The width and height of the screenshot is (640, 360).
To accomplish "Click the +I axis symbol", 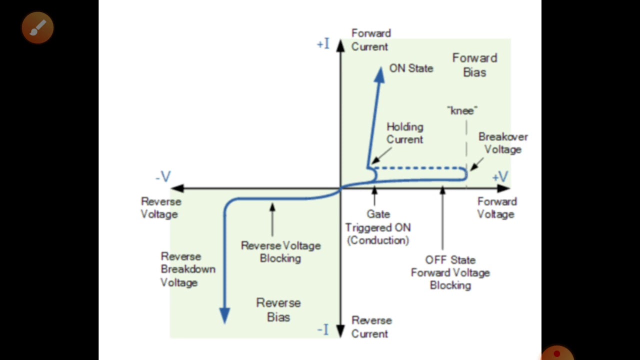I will point(323,44).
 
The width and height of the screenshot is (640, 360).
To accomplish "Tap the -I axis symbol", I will point(323,329).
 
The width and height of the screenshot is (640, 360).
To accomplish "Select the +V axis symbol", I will point(500,176).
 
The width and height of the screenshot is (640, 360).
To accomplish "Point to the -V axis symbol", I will point(163,176).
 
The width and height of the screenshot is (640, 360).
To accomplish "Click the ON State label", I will point(411,68).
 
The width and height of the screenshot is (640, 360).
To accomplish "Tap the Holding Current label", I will point(404,133).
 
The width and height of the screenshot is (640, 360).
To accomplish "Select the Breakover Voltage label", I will point(502,143).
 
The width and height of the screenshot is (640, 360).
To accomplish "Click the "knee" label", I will point(462,110).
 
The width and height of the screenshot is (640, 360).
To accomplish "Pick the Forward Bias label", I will point(474,65).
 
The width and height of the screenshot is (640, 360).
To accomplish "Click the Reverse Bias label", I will point(278,310).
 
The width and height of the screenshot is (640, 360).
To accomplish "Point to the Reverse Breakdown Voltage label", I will point(187,269).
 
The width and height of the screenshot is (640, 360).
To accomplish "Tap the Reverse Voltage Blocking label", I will point(280,252).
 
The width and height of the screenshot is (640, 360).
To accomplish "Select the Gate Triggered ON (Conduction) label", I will point(378,227).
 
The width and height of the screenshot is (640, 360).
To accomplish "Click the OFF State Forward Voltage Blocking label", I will point(450,272).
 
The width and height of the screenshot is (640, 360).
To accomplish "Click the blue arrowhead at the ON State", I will point(379,74).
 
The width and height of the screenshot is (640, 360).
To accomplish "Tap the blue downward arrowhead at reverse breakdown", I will point(224,315).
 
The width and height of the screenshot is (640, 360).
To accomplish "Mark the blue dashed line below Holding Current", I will point(420,168).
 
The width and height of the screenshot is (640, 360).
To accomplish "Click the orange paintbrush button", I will point(37,27).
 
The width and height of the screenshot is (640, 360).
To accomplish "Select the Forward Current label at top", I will point(370,40).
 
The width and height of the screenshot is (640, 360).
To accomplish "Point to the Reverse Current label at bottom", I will point(371,327).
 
